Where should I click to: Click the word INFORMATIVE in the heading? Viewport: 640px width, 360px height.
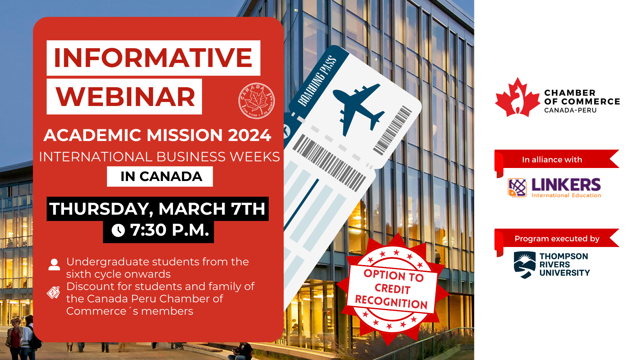[x=153, y=58]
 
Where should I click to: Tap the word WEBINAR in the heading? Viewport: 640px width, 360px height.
[x=125, y=97]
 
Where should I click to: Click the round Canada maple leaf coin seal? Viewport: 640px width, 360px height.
[x=256, y=101]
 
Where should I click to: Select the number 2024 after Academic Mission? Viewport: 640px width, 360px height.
[x=249, y=135]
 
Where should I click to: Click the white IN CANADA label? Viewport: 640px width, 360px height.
[x=160, y=176]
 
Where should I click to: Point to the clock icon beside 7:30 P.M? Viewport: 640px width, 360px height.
[x=118, y=230]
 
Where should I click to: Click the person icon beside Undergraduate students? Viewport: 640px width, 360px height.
[x=54, y=264]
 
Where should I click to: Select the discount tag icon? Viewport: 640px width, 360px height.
[x=53, y=292]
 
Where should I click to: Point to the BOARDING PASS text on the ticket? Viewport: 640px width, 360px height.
[x=317, y=81]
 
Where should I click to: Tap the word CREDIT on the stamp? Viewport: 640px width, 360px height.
[x=392, y=289]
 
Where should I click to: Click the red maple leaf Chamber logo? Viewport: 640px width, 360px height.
[x=517, y=97]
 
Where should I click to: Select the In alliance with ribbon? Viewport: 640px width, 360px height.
[x=557, y=160]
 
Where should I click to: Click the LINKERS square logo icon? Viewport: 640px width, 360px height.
[x=517, y=188]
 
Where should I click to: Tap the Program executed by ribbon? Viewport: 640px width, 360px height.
[x=557, y=239]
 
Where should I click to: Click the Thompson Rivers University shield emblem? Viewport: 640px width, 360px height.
[x=525, y=265]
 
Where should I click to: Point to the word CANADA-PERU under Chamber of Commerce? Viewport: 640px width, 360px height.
[x=570, y=110]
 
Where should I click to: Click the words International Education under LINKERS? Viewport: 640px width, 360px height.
[x=566, y=195]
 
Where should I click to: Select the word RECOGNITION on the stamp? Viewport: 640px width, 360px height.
[x=391, y=302]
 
